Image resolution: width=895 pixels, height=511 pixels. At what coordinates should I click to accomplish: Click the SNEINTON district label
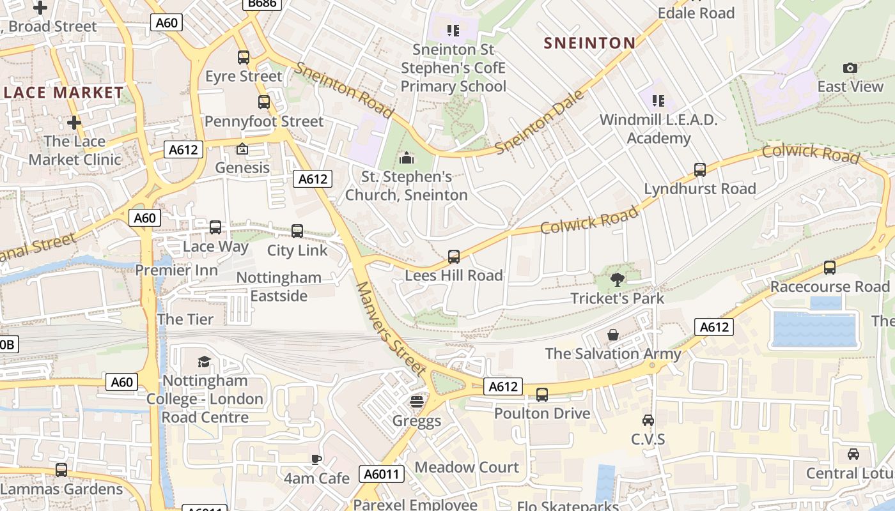pyautogui.click(x=589, y=43)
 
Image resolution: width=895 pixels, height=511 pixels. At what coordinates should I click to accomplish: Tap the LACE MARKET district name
pyautogui.click(x=63, y=93)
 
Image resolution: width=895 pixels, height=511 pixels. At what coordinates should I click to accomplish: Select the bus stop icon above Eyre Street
pyautogui.click(x=243, y=57)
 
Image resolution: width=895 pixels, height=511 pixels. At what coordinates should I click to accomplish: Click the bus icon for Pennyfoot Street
pyautogui.click(x=263, y=102)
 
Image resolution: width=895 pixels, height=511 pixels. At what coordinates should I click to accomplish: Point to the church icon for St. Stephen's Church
pyautogui.click(x=407, y=157)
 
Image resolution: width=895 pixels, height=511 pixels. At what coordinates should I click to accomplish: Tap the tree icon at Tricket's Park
pyautogui.click(x=618, y=279)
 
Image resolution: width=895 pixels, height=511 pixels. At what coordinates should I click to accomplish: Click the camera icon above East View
pyautogui.click(x=850, y=68)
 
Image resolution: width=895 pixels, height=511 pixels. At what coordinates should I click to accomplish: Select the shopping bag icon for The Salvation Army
pyautogui.click(x=612, y=335)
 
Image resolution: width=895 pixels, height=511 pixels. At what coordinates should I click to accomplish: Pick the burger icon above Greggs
pyautogui.click(x=417, y=402)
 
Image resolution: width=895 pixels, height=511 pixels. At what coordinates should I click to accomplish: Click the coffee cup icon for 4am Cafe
pyautogui.click(x=316, y=459)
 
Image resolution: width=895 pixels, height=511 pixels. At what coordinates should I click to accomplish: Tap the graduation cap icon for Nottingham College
pyautogui.click(x=204, y=362)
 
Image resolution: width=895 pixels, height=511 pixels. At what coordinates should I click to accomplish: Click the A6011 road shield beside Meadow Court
pyautogui.click(x=382, y=474)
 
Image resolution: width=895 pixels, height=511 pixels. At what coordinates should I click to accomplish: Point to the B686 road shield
pyautogui.click(x=262, y=4)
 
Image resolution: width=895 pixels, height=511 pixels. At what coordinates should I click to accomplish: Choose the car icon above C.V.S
pyautogui.click(x=648, y=420)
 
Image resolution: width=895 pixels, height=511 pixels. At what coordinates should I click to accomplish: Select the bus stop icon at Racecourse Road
pyautogui.click(x=829, y=268)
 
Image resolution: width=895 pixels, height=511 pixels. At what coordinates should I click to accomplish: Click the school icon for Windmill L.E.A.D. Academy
pyautogui.click(x=658, y=101)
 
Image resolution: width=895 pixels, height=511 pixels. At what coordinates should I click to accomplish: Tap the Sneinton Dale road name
pyautogui.click(x=540, y=122)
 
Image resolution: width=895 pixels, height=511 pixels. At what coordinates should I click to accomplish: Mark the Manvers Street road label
pyautogui.click(x=390, y=328)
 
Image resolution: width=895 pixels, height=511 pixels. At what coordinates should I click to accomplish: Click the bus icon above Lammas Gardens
pyautogui.click(x=61, y=470)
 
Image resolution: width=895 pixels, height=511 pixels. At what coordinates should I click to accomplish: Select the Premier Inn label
pyautogui.click(x=176, y=270)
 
